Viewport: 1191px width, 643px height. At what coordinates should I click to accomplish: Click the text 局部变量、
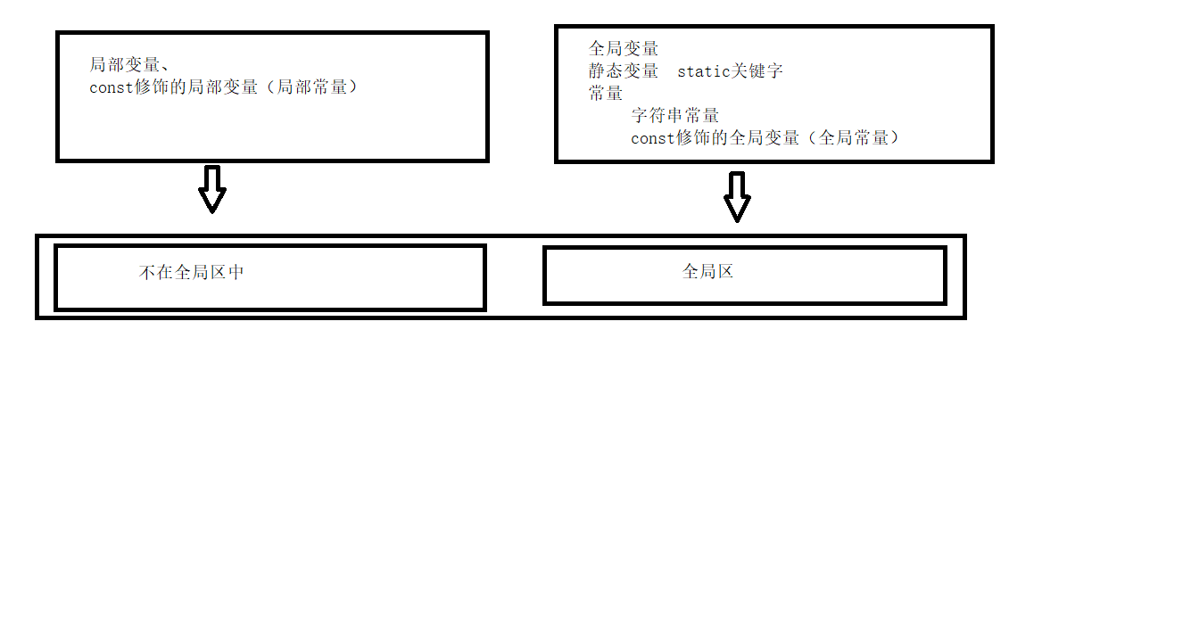(129, 65)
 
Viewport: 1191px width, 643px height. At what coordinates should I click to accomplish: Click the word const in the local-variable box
(112, 87)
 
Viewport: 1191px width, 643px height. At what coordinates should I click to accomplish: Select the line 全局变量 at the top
(623, 49)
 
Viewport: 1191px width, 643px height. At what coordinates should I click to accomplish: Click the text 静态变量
(623, 71)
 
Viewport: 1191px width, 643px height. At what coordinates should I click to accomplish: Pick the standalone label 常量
(606, 94)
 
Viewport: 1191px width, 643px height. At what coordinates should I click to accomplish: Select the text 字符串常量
(675, 116)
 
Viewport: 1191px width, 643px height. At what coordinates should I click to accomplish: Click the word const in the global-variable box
(653, 139)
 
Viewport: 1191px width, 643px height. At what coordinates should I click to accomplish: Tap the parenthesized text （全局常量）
(854, 138)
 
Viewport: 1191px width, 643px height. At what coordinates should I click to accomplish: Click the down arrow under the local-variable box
(212, 189)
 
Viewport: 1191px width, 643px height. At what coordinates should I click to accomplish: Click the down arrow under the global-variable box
(737, 196)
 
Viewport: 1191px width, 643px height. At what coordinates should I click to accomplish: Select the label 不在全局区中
(192, 273)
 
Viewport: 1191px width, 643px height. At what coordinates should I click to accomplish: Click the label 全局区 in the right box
(707, 271)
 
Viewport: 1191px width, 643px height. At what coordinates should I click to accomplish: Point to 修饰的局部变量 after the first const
(196, 87)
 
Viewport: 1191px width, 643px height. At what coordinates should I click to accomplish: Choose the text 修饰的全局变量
(738, 138)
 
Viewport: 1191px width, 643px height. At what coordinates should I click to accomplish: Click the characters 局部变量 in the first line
(124, 65)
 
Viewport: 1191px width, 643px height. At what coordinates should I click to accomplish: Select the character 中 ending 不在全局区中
(236, 273)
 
